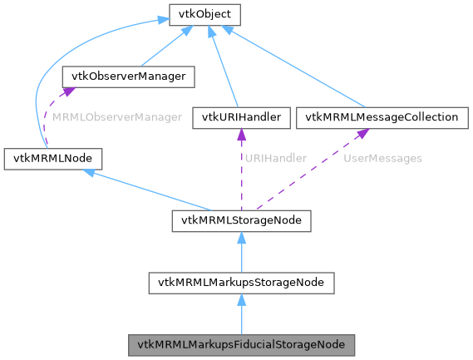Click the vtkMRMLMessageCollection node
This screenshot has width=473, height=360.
382,117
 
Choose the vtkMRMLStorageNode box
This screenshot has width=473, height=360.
241,220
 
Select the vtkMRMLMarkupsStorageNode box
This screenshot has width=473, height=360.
241,283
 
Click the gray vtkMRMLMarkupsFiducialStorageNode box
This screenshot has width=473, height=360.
241,343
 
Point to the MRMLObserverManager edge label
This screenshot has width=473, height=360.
116,117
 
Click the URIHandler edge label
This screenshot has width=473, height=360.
274,157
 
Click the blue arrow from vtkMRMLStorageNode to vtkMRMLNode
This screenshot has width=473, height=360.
150,190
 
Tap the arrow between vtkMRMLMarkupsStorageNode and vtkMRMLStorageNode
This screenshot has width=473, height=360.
241,252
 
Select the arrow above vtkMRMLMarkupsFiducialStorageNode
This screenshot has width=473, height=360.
241,313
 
